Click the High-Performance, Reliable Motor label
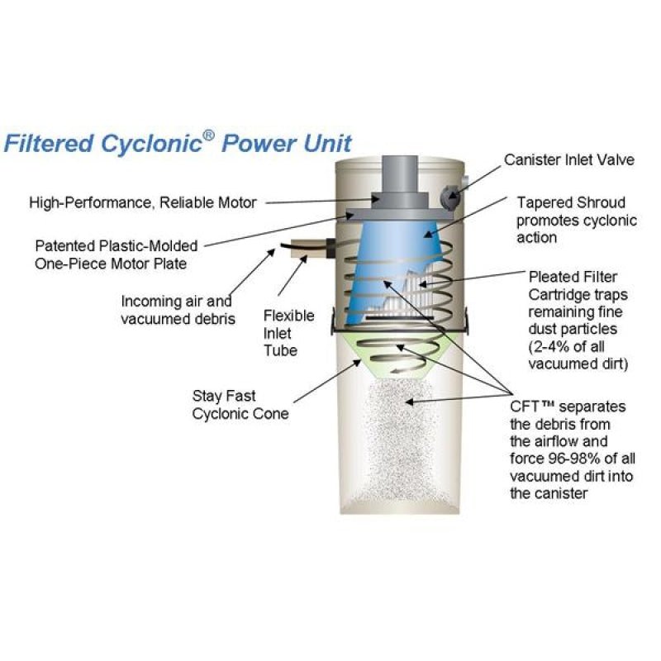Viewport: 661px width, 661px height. (x=143, y=201)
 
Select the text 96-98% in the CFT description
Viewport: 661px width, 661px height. (x=567, y=459)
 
